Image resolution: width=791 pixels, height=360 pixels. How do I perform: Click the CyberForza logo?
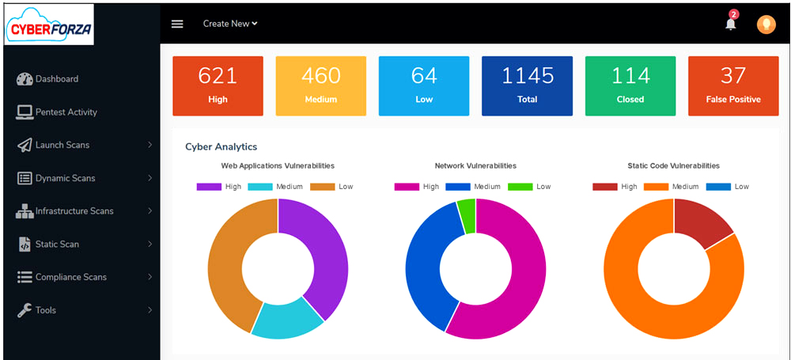coord(49,24)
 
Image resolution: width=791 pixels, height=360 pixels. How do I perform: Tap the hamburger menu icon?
coord(177,24)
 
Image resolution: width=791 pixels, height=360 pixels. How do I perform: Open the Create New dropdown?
coord(230,24)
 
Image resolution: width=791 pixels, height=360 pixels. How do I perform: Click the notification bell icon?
coord(730,24)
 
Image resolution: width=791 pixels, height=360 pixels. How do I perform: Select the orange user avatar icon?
coord(766,25)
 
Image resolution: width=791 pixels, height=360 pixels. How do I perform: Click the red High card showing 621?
coord(218,85)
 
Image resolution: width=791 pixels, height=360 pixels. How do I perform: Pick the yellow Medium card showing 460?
coord(320,85)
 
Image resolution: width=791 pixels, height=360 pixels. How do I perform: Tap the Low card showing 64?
coord(424,85)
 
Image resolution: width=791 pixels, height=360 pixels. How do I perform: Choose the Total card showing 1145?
coord(527,85)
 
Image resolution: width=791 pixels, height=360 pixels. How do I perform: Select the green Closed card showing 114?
coord(630,85)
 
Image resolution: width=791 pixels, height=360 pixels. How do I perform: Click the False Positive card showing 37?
coord(733,85)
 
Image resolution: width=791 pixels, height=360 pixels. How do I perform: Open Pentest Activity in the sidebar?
coord(66,112)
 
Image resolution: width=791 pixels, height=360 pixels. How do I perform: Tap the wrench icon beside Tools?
coord(24,310)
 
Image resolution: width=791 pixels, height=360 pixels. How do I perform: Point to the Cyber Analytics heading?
coord(221,146)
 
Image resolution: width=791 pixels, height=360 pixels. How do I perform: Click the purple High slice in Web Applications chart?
coord(324,253)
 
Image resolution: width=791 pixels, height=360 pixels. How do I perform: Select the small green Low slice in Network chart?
coord(467,214)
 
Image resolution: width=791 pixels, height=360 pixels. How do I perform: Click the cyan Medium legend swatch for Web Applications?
coord(259,187)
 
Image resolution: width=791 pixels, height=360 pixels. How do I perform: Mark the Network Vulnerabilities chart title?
coord(475,166)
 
